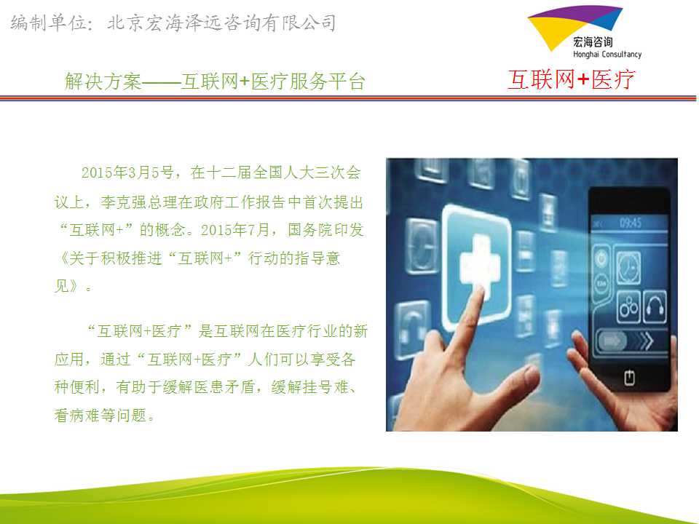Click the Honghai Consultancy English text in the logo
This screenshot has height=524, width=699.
[607, 55]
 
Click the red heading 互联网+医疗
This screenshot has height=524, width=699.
[571, 80]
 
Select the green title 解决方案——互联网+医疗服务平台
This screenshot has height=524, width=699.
[215, 82]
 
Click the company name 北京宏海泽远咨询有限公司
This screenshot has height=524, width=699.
[221, 23]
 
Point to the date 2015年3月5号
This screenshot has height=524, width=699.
[127, 172]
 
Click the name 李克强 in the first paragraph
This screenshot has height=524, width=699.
[124, 202]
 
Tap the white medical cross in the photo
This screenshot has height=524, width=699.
[479, 263]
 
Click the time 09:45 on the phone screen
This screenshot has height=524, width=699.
[631, 223]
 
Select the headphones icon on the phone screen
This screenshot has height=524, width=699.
[655, 306]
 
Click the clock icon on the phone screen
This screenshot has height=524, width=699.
[628, 267]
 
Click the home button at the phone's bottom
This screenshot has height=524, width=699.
[629, 378]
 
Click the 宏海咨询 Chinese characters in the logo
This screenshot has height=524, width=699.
[593, 42]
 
